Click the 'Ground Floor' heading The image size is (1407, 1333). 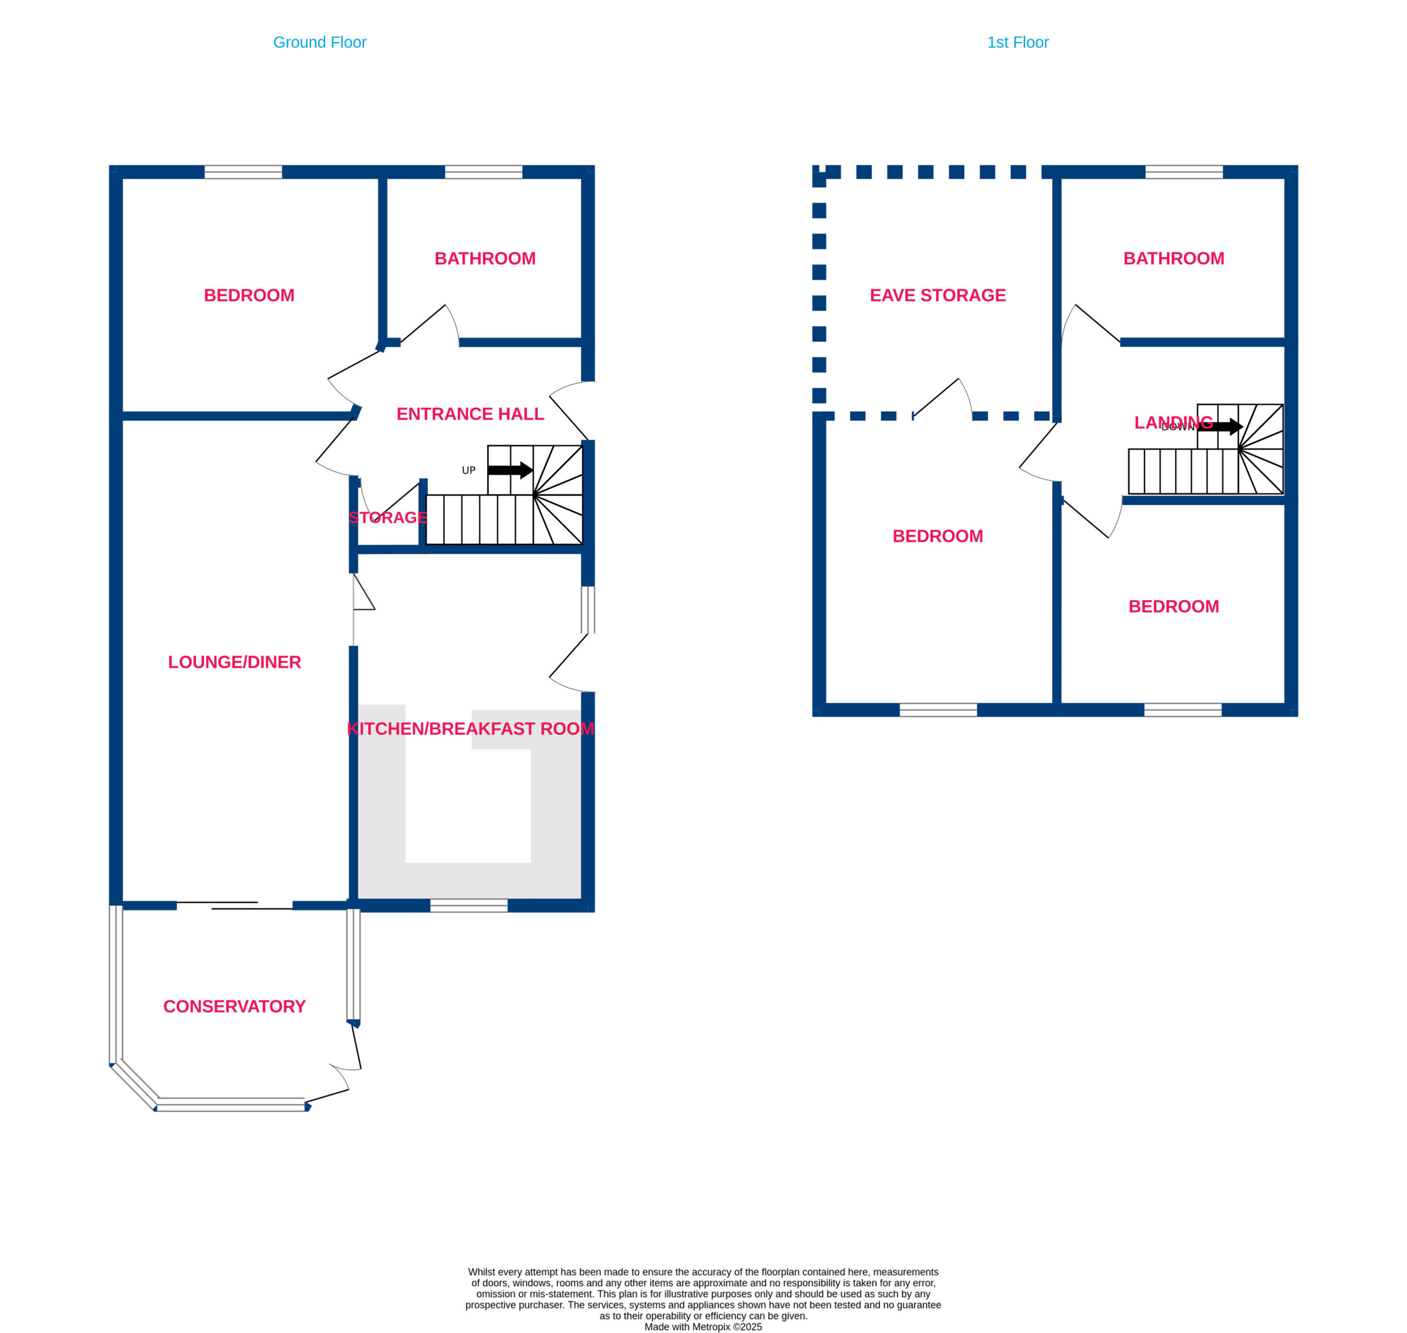(320, 43)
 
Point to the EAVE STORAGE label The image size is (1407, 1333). (938, 295)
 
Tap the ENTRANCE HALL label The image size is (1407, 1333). (470, 414)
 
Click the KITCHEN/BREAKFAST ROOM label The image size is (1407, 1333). (470, 729)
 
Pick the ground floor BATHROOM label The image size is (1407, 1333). (485, 259)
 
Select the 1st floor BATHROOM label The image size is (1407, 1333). (1174, 259)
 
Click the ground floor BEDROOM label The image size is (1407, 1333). (250, 295)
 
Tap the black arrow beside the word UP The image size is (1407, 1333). (510, 470)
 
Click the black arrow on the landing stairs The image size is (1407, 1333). (1220, 426)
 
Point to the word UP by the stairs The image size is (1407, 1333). (469, 470)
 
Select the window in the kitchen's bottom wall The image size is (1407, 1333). (469, 906)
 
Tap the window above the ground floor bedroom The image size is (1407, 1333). (243, 172)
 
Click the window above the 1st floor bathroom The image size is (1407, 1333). (1184, 172)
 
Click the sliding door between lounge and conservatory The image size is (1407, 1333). (235, 906)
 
